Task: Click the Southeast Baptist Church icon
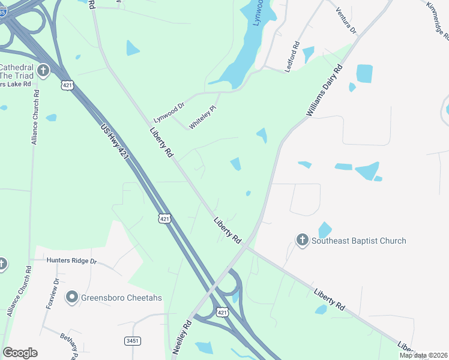[x=303, y=241]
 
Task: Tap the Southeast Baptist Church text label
[x=359, y=241]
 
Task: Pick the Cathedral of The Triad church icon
[x=43, y=71]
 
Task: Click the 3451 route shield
[x=133, y=341]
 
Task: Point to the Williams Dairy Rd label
[x=324, y=91]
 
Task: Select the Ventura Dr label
[x=346, y=20]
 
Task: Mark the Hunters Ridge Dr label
[x=72, y=261]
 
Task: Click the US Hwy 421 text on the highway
[x=115, y=142]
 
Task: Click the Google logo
[x=20, y=353]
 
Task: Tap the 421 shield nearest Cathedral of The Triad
[x=68, y=86]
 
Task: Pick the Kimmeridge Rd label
[x=438, y=20]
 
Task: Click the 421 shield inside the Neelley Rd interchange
[x=223, y=313]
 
